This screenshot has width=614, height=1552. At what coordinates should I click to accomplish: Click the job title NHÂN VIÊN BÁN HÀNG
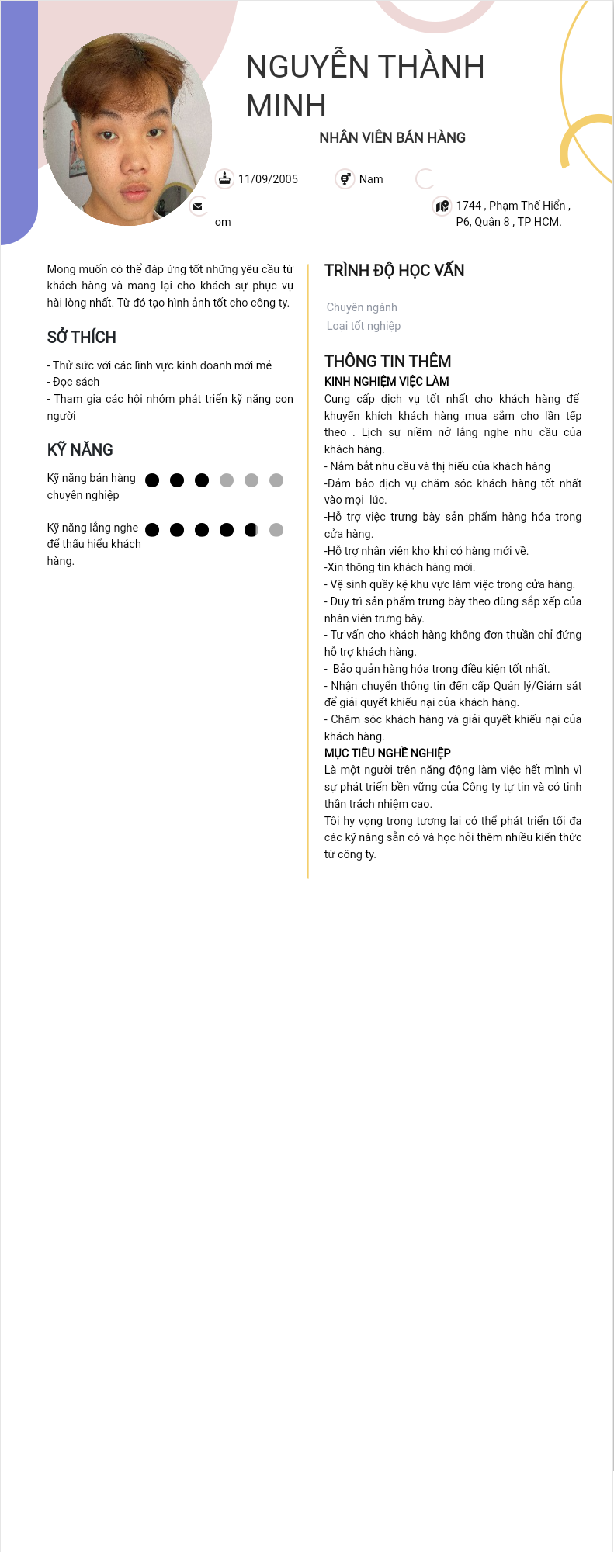tap(392, 138)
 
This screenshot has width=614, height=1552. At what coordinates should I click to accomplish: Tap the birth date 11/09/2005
tap(268, 179)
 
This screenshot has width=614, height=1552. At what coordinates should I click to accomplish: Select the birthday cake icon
tap(224, 179)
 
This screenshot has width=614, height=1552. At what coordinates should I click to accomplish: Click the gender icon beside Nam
tap(345, 179)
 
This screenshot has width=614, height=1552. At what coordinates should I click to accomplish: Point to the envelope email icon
tap(198, 206)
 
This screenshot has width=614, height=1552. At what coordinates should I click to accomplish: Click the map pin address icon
tap(442, 206)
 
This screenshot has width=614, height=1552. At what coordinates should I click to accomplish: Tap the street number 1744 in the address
tap(468, 206)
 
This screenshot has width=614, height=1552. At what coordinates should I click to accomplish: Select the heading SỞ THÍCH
tap(82, 338)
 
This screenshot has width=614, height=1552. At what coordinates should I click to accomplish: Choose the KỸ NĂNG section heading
tap(80, 450)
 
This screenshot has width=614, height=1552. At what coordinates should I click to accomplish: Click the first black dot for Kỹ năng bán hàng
tap(152, 480)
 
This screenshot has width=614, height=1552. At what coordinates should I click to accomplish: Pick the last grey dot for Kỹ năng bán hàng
tap(276, 480)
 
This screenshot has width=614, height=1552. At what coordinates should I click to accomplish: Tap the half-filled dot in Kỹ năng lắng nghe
tap(251, 530)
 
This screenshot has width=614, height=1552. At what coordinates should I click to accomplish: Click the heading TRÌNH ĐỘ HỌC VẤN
tap(394, 271)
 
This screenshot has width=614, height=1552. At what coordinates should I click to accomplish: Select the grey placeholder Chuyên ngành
tap(362, 307)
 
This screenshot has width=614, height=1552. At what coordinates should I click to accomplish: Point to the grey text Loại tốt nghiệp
tap(363, 326)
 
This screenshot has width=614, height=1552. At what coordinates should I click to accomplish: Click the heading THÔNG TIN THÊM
tap(387, 362)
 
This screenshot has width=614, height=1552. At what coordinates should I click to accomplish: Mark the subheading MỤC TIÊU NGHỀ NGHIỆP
tap(387, 753)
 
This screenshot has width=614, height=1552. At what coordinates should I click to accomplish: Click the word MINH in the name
tap(286, 106)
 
